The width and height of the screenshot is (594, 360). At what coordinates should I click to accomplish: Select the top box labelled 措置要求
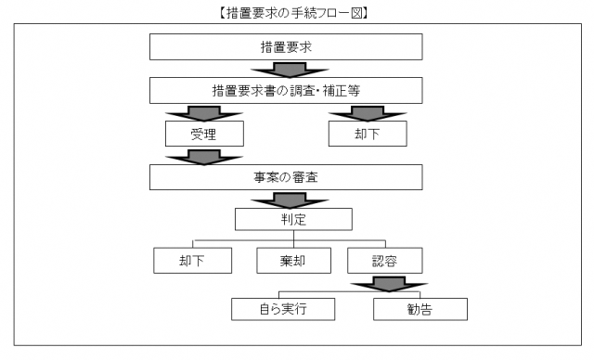click(286, 46)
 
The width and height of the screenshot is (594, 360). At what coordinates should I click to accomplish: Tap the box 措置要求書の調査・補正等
click(286, 90)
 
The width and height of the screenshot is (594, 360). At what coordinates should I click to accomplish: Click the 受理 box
click(203, 134)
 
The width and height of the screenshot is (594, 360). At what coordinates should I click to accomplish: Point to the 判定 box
click(293, 219)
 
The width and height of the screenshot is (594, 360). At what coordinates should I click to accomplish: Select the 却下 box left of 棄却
click(192, 261)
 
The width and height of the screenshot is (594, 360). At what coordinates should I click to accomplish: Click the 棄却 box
click(293, 261)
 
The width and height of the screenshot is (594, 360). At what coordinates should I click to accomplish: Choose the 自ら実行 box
click(278, 307)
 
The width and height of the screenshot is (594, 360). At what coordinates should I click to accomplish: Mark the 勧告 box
click(420, 307)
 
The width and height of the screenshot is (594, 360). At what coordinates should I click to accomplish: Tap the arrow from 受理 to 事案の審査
click(203, 156)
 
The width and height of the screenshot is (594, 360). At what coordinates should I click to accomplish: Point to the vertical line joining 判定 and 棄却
click(293, 238)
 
